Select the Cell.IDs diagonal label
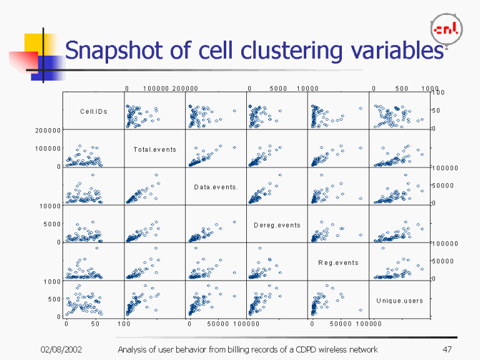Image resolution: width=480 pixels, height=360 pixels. click(x=94, y=112)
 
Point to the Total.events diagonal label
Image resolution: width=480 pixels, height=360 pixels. click(x=154, y=149)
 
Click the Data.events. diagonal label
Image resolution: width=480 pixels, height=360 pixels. click(x=216, y=187)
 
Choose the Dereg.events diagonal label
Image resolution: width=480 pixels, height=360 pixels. click(x=277, y=225)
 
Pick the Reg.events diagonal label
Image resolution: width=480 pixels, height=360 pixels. click(x=338, y=262)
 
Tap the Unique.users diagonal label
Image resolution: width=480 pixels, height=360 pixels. click(x=399, y=301)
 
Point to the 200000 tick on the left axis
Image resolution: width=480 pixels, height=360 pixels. click(x=47, y=131)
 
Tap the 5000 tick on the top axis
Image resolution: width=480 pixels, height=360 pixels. click(x=278, y=89)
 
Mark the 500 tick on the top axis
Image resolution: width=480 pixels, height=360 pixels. click(x=402, y=89)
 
